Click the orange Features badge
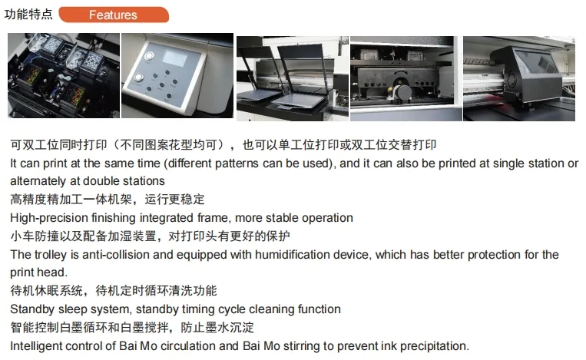point(113,15)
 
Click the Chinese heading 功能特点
point(29,15)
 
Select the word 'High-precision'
point(46,218)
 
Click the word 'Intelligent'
point(37,346)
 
